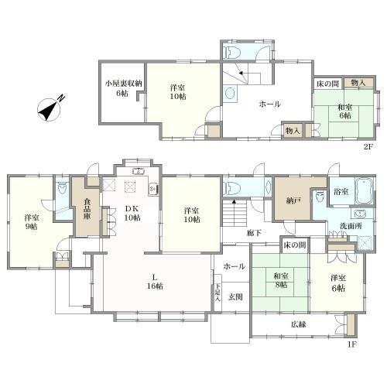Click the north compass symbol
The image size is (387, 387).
coord(50,109)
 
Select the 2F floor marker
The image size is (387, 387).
coord(368,147)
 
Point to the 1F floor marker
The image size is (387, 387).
coord(352,344)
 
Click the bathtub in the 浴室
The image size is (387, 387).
coord(365,191)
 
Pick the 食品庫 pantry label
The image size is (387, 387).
coord(87,208)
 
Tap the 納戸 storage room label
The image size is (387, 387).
coord(293,200)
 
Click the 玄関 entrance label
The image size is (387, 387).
coord(235,297)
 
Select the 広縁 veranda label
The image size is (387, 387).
coord(299,324)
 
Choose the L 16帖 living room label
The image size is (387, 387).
coord(155,282)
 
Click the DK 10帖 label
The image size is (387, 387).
coord(132,213)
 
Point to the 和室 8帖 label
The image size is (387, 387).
coord(281,281)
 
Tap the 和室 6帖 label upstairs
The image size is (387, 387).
coord(345,111)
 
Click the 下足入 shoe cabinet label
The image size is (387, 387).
coord(217,293)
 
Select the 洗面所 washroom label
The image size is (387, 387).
coord(351,226)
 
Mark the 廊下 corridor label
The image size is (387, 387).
coord(254,233)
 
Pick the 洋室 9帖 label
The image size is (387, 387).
coord(32,222)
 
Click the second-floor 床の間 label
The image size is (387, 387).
coord(327,84)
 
